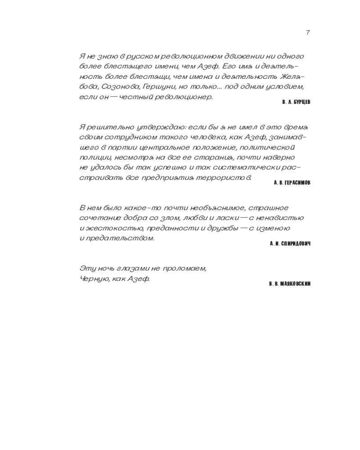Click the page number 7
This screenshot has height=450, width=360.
[308, 32]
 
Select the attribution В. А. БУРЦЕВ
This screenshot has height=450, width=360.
[296, 102]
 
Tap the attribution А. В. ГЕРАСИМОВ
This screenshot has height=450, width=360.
[292, 183]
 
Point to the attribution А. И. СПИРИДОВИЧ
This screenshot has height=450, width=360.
[290, 243]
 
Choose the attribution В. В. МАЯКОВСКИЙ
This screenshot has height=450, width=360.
[290, 284]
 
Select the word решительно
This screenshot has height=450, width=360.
[107, 127]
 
